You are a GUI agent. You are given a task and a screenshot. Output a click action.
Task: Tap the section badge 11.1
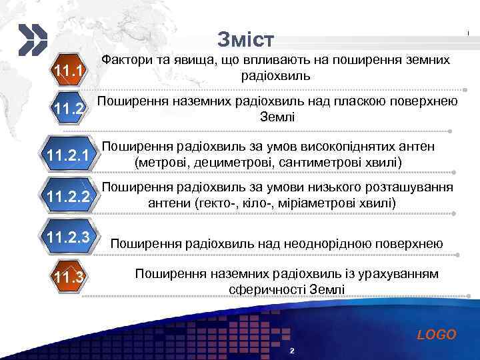click(x=69, y=71)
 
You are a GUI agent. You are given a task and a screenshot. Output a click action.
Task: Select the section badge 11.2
click(x=69, y=109)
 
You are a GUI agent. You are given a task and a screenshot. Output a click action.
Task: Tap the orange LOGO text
click(x=437, y=335)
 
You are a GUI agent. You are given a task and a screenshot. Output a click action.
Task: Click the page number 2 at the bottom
click(x=292, y=351)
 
